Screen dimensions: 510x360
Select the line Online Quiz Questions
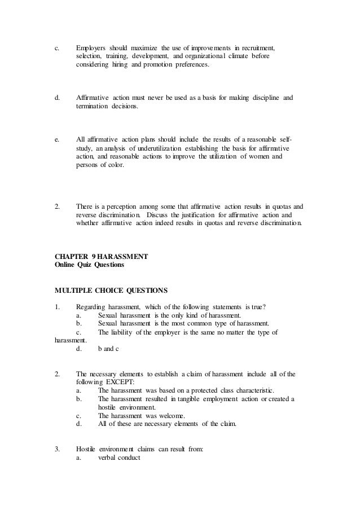(89, 265)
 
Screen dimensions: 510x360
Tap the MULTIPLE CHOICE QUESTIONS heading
(111, 291)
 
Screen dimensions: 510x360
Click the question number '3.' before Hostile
(57, 450)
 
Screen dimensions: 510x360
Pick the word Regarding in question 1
(92, 306)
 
